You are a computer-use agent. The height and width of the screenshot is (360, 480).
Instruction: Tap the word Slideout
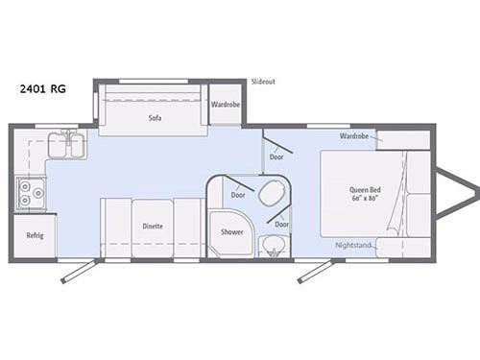pos(262,83)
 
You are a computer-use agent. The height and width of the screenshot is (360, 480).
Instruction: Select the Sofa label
pos(154,119)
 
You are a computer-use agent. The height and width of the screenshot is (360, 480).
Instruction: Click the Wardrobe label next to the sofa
pos(225,104)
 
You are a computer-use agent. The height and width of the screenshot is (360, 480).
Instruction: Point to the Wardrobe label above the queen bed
pos(353,136)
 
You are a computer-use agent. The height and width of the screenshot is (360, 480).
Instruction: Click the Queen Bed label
pos(369,189)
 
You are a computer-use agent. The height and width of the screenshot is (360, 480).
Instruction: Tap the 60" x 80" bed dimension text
pos(369,200)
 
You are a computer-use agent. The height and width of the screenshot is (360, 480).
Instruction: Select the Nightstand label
pos(353,245)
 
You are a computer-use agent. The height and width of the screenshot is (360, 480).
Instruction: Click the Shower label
pos(231,232)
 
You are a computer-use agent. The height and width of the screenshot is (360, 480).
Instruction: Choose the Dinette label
pos(153,227)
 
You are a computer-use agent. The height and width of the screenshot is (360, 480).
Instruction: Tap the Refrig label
pos(35,234)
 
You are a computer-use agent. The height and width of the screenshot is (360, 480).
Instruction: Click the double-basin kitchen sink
pos(66,146)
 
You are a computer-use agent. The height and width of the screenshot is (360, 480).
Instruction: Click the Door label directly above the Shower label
pos(237,194)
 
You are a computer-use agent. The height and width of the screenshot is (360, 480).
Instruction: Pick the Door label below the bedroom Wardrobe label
pos(276,156)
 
